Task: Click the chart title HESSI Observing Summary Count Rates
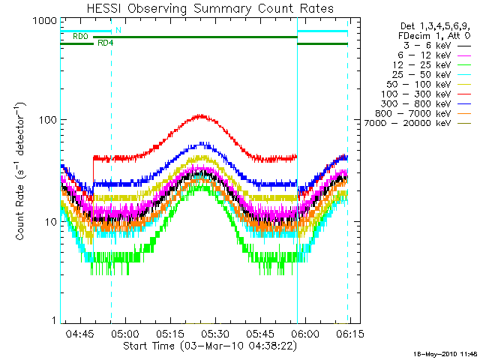[x=210, y=8]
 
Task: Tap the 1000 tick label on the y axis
[x=45, y=20]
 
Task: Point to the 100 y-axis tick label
[x=48, y=119]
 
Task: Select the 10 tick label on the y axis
[x=51, y=222]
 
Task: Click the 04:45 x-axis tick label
[x=80, y=333]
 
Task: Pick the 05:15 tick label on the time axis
[x=170, y=333]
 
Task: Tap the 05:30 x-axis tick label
[x=215, y=333]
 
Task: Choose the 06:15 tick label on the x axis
[x=350, y=333]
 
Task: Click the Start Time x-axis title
[x=210, y=346]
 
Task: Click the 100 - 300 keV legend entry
[x=426, y=94]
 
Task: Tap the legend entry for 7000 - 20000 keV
[x=418, y=123]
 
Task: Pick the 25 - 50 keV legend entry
[x=432, y=75]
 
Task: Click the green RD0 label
[x=80, y=37]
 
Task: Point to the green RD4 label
[x=105, y=43]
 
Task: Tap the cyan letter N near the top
[x=118, y=30]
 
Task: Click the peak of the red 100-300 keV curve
[x=201, y=115]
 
